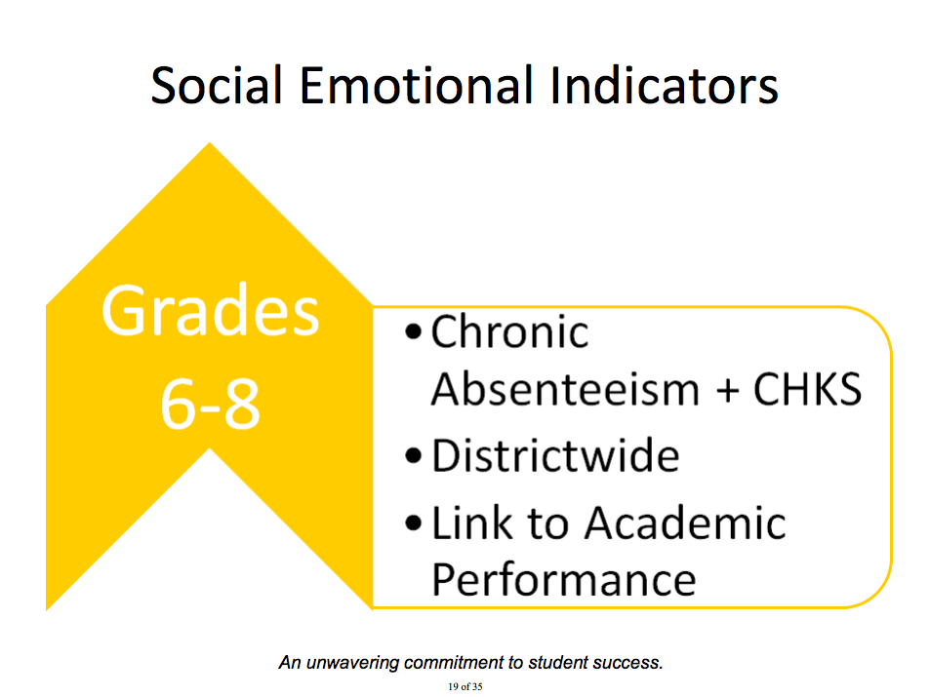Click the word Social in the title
(x=217, y=86)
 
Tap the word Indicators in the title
(x=665, y=86)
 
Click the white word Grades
(x=211, y=311)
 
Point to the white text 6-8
(x=211, y=405)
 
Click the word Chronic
(x=509, y=331)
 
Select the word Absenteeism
(x=565, y=389)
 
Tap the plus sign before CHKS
(x=727, y=391)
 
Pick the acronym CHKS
(x=807, y=389)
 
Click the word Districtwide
(x=555, y=456)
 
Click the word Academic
(x=685, y=523)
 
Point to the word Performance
(x=563, y=580)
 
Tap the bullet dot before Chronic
(x=414, y=332)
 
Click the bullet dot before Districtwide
(x=414, y=456)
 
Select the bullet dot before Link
(x=414, y=523)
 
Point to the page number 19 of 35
(x=465, y=687)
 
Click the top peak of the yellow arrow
(x=210, y=143)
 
